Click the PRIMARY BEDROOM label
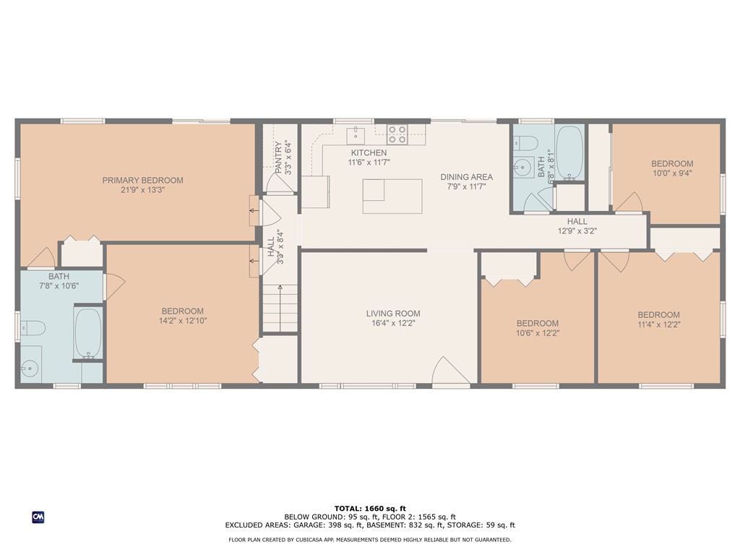[x=142, y=180]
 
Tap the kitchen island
[x=392, y=196]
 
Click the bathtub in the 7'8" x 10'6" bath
[x=89, y=334]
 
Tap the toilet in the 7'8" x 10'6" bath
[x=33, y=329]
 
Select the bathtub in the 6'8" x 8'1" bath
[x=569, y=152]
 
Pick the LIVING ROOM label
[x=392, y=314]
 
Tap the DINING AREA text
[x=467, y=177]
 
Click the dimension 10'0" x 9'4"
[x=671, y=173]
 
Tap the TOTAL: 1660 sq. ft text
[x=369, y=508]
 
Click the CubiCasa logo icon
[x=38, y=517]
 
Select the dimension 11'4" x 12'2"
[x=658, y=324]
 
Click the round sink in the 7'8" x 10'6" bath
[x=29, y=369]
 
